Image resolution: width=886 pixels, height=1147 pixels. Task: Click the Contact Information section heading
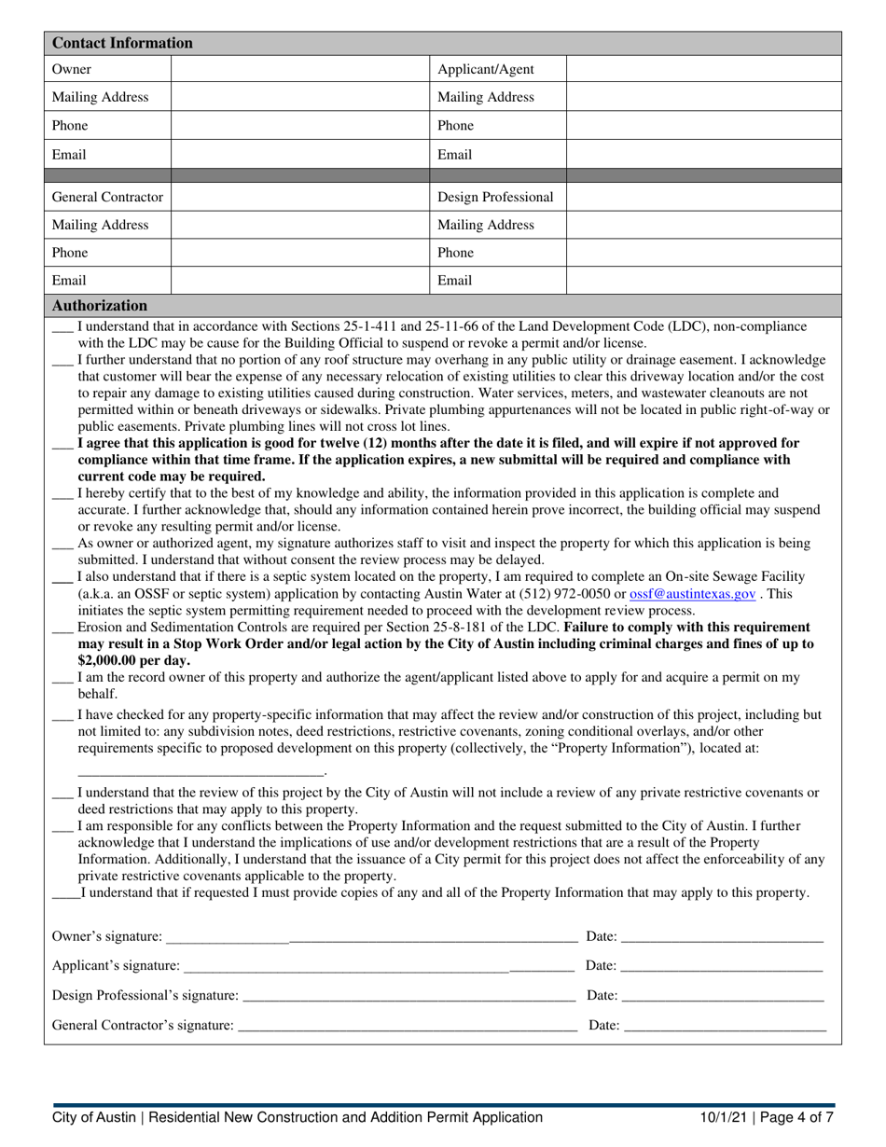[122, 43]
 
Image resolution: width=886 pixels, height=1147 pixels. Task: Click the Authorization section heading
[100, 305]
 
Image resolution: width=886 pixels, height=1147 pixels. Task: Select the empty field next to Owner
[299, 70]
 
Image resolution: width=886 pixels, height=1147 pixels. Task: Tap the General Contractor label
[107, 197]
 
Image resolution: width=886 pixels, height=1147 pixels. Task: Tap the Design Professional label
[495, 197]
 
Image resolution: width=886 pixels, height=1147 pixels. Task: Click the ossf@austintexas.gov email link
[692, 592]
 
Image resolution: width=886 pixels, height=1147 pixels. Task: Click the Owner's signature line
[369, 937]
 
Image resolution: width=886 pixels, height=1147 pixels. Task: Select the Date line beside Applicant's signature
[721, 967]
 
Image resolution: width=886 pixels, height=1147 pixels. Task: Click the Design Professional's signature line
[408, 997]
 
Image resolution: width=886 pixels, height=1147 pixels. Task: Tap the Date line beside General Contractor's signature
[725, 1027]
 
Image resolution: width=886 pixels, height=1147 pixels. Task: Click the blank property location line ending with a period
[201, 771]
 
